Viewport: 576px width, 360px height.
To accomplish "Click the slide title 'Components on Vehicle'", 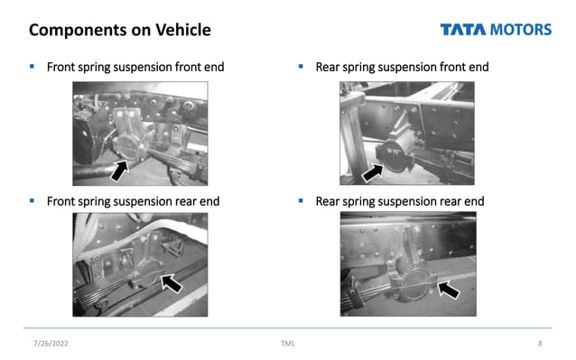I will (120, 30).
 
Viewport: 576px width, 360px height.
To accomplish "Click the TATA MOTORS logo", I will (496, 30).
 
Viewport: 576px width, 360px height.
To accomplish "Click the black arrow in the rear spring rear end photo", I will (448, 288).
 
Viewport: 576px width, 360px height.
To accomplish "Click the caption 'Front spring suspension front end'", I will (135, 68).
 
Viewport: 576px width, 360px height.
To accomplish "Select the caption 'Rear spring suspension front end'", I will (402, 68).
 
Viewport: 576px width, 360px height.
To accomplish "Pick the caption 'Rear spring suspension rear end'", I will (400, 200).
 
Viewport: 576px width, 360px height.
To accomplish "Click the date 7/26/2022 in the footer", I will (51, 344).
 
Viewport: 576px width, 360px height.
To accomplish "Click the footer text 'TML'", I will (288, 344).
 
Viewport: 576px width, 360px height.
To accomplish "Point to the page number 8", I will (540, 344).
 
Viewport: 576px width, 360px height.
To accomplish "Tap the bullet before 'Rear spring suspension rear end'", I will (301, 200).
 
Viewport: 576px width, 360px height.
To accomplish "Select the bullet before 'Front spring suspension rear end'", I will (33, 200).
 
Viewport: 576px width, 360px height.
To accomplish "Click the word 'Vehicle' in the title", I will (181, 30).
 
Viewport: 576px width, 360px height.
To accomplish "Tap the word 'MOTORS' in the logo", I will (520, 30).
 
